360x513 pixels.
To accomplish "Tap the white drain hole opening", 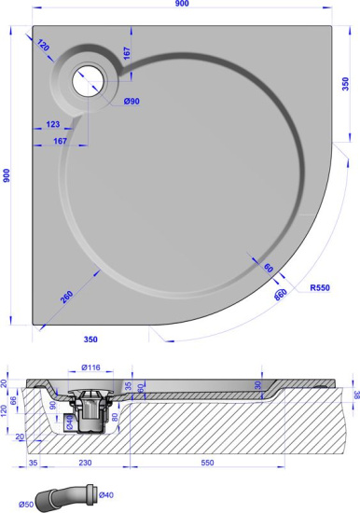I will tap(93, 79).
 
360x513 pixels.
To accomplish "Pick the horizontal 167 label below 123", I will tap(62, 142).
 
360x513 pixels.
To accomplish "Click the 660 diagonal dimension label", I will tap(281, 295).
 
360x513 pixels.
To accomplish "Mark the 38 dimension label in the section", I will tap(353, 395).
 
